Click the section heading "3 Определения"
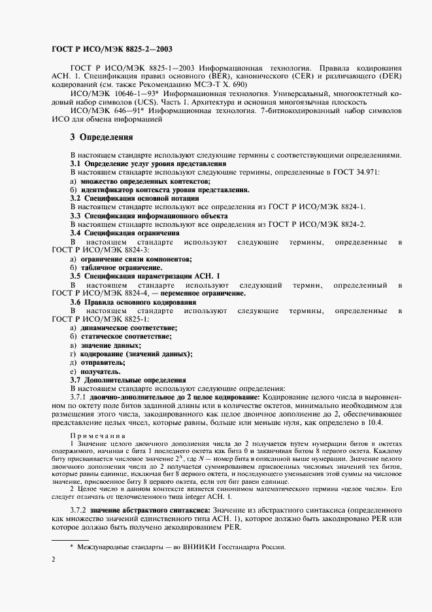[101, 137]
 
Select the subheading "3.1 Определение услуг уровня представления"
[148, 163]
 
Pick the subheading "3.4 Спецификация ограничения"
[124, 232]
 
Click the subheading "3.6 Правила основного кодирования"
[133, 302]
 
